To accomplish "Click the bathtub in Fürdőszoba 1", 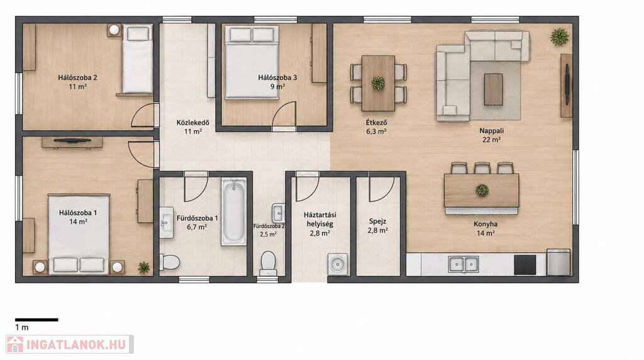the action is coord(234,211).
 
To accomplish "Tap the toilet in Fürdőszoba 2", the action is coord(268,264).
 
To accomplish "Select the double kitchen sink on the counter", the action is coord(464,264).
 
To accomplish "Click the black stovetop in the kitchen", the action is coord(525,265).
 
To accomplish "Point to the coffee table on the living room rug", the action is coord(493,89).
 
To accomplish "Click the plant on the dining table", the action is coord(378,83).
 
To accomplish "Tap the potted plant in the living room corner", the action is coord(559,37).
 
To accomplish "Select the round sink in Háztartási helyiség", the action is coord(338,264).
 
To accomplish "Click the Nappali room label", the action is coord(492,131).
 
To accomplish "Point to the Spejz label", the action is coord(377,221).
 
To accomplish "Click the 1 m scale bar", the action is coord(36,319).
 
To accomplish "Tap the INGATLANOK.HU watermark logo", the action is coord(69,344).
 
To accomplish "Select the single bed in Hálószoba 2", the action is coord(137,59).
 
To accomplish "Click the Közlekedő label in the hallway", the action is coord(193,123).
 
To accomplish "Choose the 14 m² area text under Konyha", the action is coord(485,233).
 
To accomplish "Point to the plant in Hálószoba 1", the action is coord(144,267).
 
